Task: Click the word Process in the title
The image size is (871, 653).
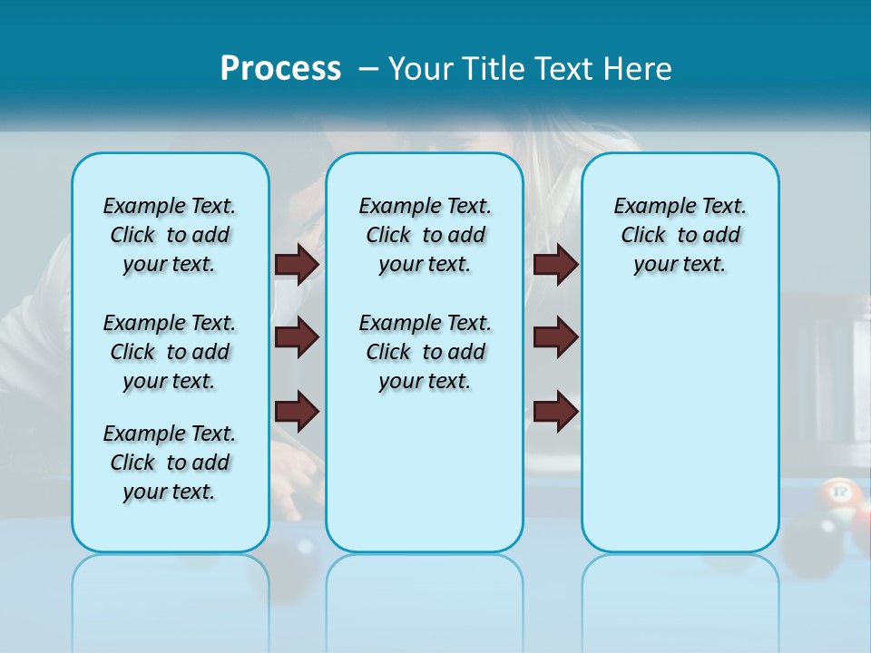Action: (x=280, y=69)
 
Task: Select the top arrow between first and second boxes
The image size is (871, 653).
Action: (x=297, y=264)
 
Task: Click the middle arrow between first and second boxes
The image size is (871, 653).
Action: (x=297, y=337)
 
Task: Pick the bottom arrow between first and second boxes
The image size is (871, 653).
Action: (x=297, y=411)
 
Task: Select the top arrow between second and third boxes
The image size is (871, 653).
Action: (x=556, y=264)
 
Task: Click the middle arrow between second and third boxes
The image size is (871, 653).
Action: (x=556, y=337)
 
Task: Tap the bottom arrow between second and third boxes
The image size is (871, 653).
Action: (x=556, y=411)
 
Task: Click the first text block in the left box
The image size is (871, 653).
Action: (x=170, y=235)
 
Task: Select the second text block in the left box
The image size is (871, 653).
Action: (x=170, y=352)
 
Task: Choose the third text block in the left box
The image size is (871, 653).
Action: (x=170, y=463)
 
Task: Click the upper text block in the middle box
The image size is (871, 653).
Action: (x=425, y=235)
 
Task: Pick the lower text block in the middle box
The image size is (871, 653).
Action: (x=425, y=352)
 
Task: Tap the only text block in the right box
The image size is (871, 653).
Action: (x=680, y=235)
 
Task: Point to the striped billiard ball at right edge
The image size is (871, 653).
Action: (x=838, y=495)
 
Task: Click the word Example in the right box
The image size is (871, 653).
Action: (x=647, y=207)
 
